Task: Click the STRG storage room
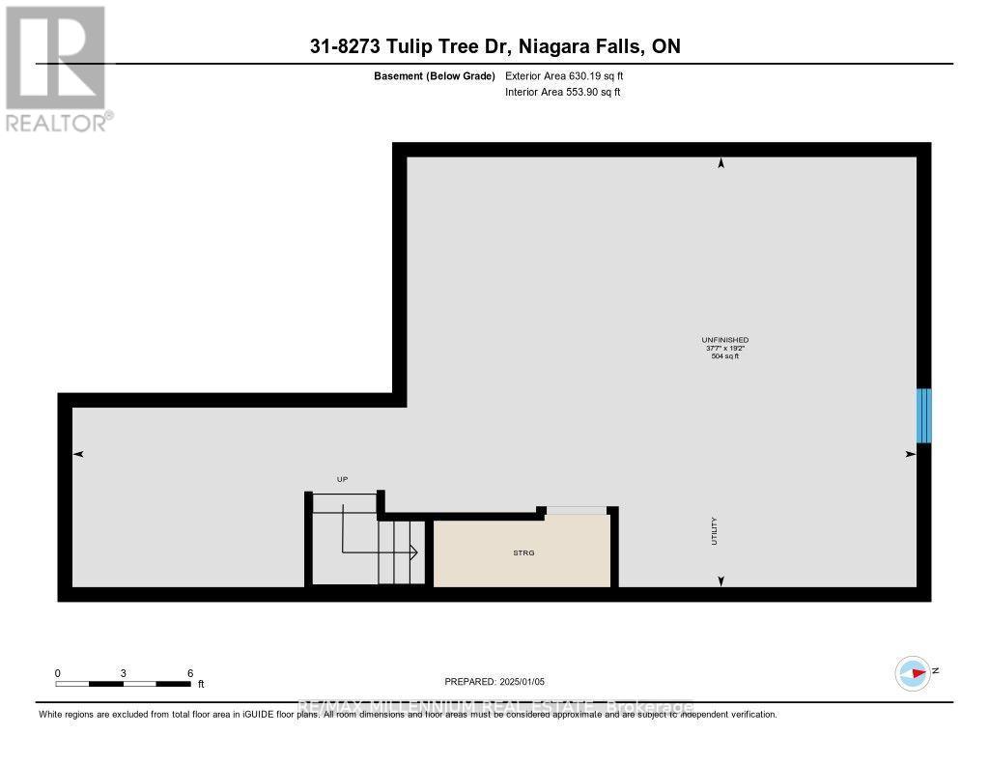click(x=523, y=552)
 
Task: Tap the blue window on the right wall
click(x=923, y=415)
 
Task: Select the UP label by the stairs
click(x=341, y=479)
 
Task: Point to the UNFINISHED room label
click(x=724, y=340)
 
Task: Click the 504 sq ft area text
click(x=724, y=357)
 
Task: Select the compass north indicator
click(x=914, y=673)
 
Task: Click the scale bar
click(x=123, y=684)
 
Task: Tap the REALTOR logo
click(x=56, y=68)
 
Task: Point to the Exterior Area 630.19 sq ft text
click(x=571, y=75)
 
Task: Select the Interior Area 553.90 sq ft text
click(x=563, y=93)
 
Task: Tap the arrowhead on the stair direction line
click(x=412, y=552)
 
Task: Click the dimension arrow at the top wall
click(x=721, y=164)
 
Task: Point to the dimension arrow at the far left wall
click(x=79, y=454)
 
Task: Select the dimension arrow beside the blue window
click(x=910, y=453)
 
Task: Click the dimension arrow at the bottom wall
click(x=721, y=580)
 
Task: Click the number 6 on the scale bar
click(x=190, y=673)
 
